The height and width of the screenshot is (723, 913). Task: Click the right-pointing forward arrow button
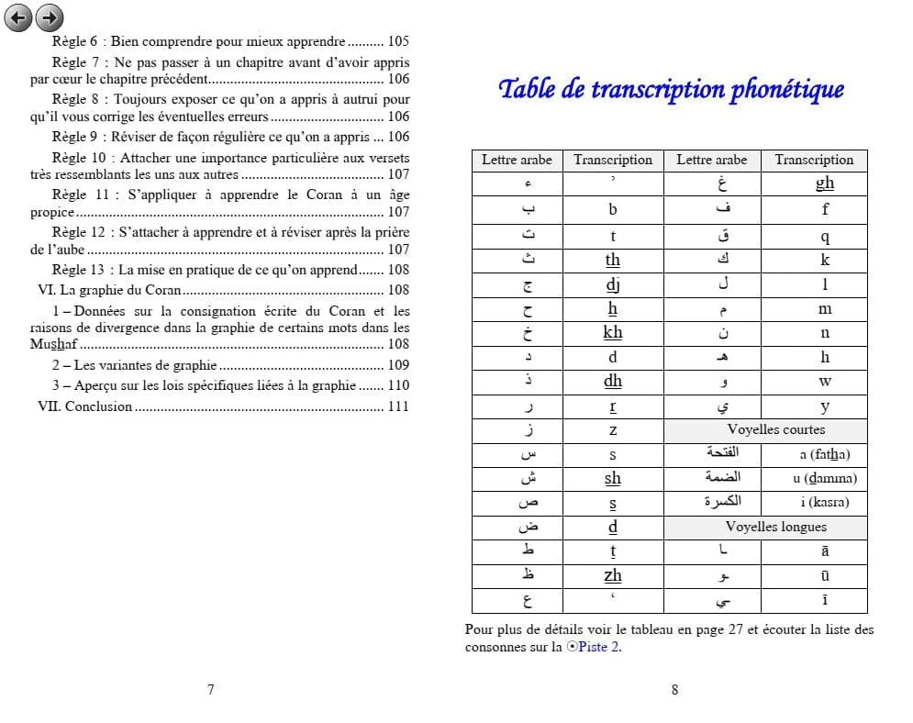(x=50, y=17)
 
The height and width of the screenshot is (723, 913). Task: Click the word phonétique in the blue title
(x=786, y=89)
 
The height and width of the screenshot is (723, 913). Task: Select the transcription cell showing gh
(x=824, y=184)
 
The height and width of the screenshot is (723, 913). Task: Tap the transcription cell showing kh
(x=612, y=332)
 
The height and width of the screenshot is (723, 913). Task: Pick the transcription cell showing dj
(x=612, y=284)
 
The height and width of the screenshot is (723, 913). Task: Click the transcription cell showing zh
(x=612, y=575)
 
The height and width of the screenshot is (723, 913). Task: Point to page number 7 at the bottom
(x=211, y=690)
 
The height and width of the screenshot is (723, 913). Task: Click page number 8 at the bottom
(x=674, y=690)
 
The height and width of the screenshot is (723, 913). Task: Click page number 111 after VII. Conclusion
(x=398, y=406)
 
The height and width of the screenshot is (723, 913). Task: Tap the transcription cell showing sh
(x=612, y=478)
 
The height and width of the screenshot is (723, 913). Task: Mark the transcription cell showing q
(x=824, y=236)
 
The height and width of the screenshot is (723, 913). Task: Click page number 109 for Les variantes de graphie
(x=398, y=365)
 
